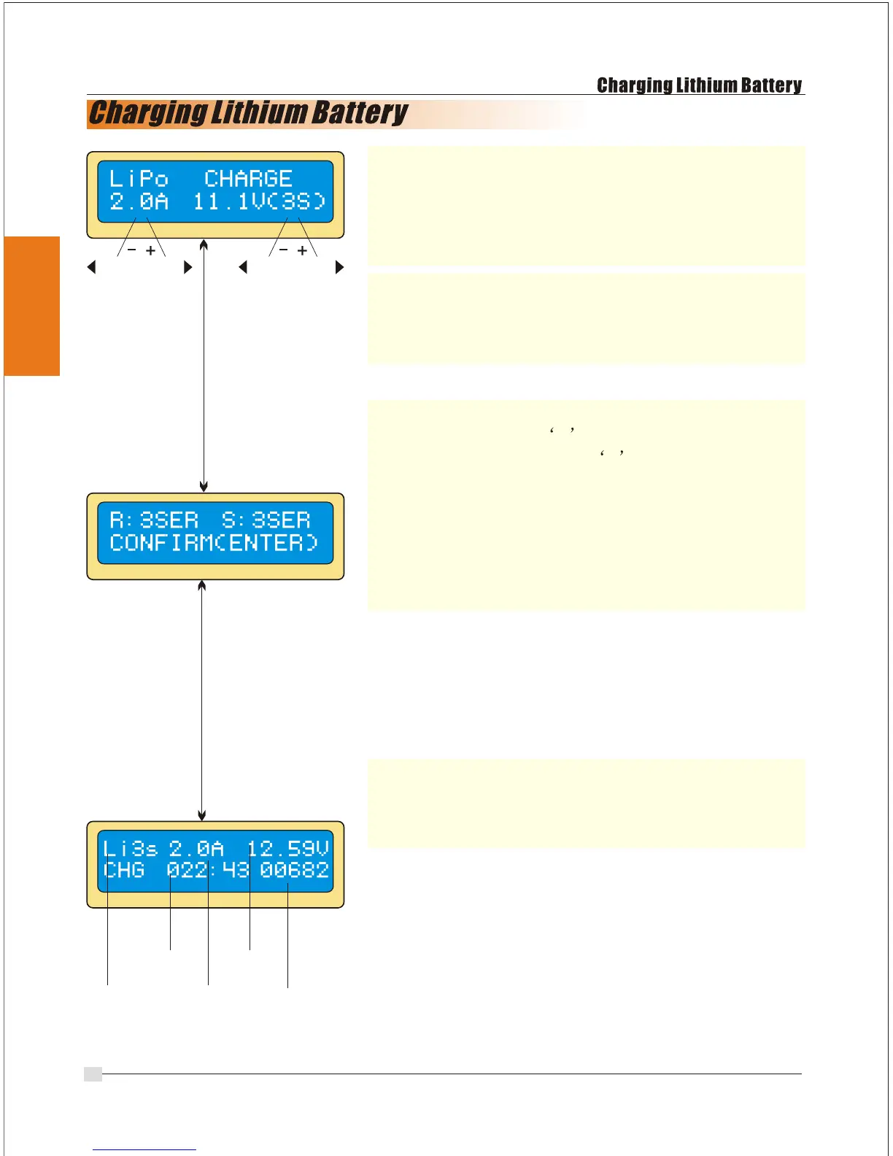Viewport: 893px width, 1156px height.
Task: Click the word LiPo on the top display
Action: click(139, 179)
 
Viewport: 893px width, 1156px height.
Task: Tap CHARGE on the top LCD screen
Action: click(248, 179)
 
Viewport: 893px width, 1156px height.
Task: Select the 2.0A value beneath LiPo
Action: click(139, 201)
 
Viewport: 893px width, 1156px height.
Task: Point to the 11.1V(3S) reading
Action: click(259, 201)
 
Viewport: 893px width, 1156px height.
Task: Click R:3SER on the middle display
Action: click(154, 520)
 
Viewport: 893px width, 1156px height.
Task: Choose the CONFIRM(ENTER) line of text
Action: click(214, 543)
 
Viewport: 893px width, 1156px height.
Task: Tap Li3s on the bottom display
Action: click(131, 849)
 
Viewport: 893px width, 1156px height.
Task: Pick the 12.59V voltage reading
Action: click(288, 849)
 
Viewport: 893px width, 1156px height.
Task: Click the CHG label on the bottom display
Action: click(124, 870)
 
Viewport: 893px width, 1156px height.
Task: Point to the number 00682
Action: click(295, 870)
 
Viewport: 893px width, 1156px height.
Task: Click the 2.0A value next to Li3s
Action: click(196, 849)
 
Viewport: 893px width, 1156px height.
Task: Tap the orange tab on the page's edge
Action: click(32, 306)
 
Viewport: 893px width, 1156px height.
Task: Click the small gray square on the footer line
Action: click(93, 1074)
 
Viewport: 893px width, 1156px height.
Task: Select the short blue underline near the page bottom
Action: click(144, 1149)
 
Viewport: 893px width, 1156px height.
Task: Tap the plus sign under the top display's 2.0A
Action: click(150, 250)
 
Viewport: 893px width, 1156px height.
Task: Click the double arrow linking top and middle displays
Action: click(204, 365)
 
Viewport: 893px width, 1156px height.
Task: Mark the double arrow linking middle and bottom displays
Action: click(202, 701)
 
